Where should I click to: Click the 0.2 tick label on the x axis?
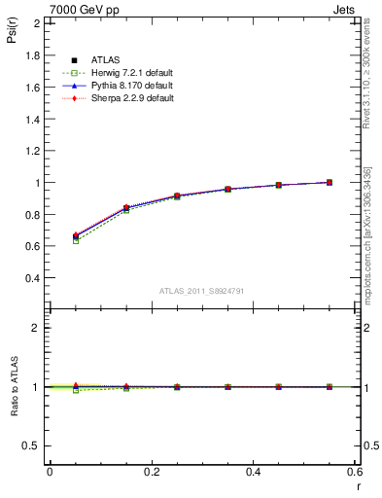pos(152,472)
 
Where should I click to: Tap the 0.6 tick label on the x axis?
pos(355,472)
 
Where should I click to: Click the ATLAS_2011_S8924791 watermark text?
pos(201,291)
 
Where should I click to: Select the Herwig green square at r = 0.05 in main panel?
pos(76,240)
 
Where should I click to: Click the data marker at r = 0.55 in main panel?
pos(330,182)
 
